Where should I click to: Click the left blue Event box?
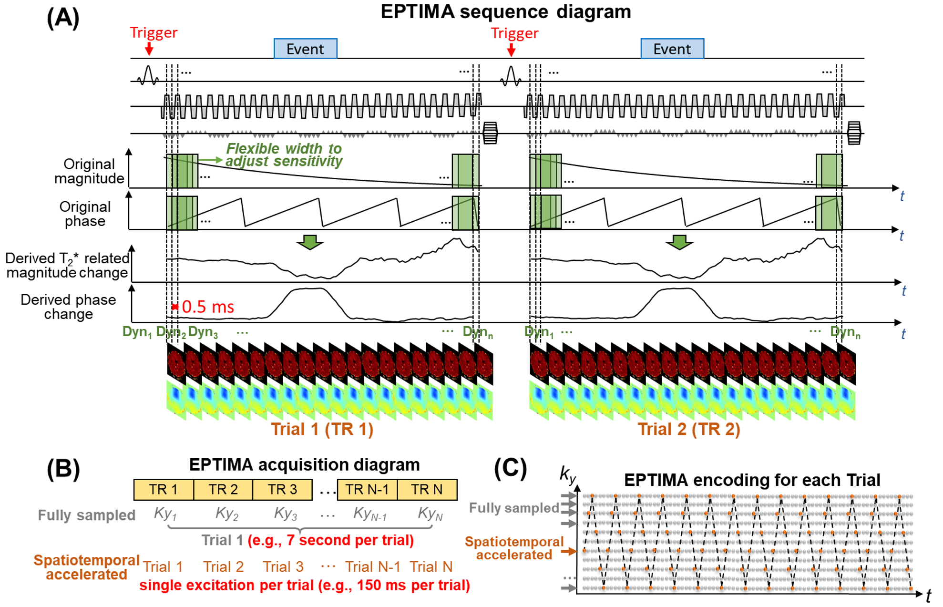point(306,49)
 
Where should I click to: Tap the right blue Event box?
point(672,49)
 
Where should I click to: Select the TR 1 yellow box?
point(164,490)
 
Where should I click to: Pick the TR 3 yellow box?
point(282,490)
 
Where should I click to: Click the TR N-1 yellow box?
point(367,490)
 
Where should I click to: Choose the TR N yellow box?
point(427,490)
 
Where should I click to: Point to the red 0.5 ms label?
point(208,307)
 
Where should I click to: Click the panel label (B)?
point(63,469)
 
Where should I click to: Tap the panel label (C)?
point(510,469)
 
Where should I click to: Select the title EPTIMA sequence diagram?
point(505,11)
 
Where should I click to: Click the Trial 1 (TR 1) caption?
point(322,429)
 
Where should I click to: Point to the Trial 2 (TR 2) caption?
point(689,429)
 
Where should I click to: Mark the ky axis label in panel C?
point(568,475)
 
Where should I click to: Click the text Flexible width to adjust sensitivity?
point(284,155)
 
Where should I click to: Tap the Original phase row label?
point(85,214)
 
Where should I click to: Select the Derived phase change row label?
point(68,307)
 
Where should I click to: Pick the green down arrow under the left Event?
point(310,242)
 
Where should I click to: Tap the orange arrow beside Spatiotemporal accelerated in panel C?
point(569,551)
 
